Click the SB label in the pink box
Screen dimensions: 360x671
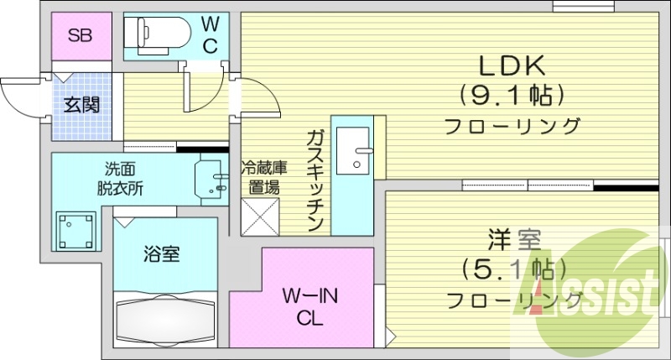[80, 36]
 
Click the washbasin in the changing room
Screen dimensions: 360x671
[211, 178]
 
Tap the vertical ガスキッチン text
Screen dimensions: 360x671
[315, 180]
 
